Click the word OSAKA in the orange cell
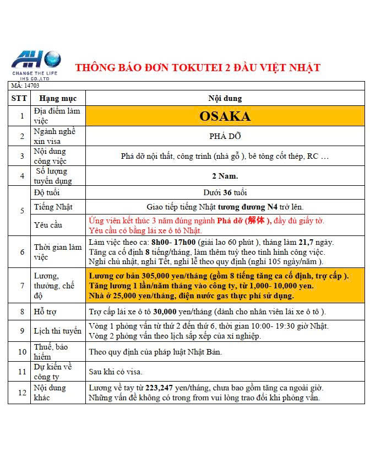pyautogui.click(x=225, y=116)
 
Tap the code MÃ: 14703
pyautogui.click(x=25, y=85)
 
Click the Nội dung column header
pyautogui.click(x=225, y=98)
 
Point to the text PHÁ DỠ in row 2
pyautogui.click(x=225, y=136)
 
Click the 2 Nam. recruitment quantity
pyautogui.click(x=225, y=176)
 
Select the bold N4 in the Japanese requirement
pyautogui.click(x=272, y=207)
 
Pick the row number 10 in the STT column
pyautogui.click(x=22, y=352)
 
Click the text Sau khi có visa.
pyautogui.click(x=116, y=372)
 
